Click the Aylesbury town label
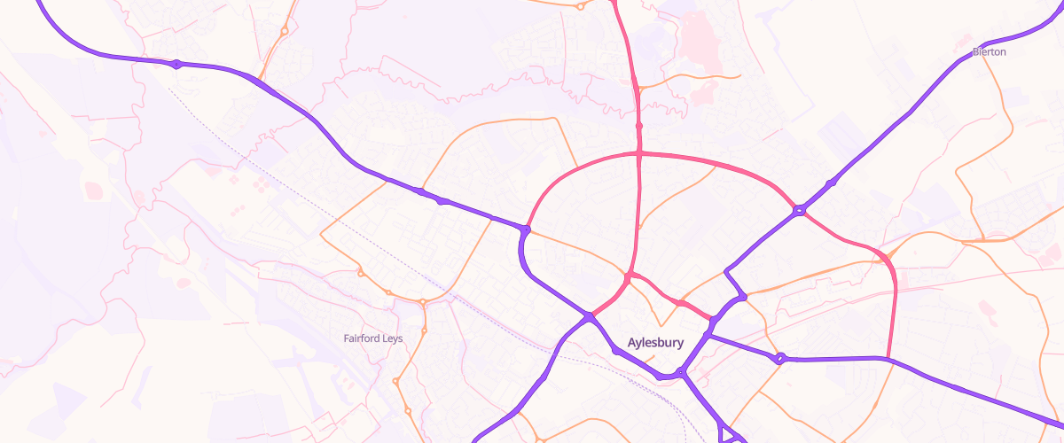click(x=655, y=342)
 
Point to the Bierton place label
click(x=990, y=52)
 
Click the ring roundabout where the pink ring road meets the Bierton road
click(x=800, y=211)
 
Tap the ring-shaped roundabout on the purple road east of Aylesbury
click(x=780, y=359)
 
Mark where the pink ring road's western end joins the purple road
click(x=526, y=229)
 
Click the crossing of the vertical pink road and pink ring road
click(x=639, y=154)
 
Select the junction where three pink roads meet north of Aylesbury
click(x=628, y=278)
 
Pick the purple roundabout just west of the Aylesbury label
click(x=589, y=316)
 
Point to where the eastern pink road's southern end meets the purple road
click(x=888, y=359)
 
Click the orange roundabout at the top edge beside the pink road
click(x=579, y=7)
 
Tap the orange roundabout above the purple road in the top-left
click(x=284, y=31)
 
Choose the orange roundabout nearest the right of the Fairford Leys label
click(x=424, y=330)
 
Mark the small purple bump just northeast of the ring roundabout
click(x=831, y=183)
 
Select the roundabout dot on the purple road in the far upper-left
click(x=177, y=64)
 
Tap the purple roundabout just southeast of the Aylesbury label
click(x=682, y=372)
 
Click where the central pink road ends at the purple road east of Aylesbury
click(x=712, y=321)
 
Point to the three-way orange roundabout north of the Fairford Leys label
click(x=423, y=302)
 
